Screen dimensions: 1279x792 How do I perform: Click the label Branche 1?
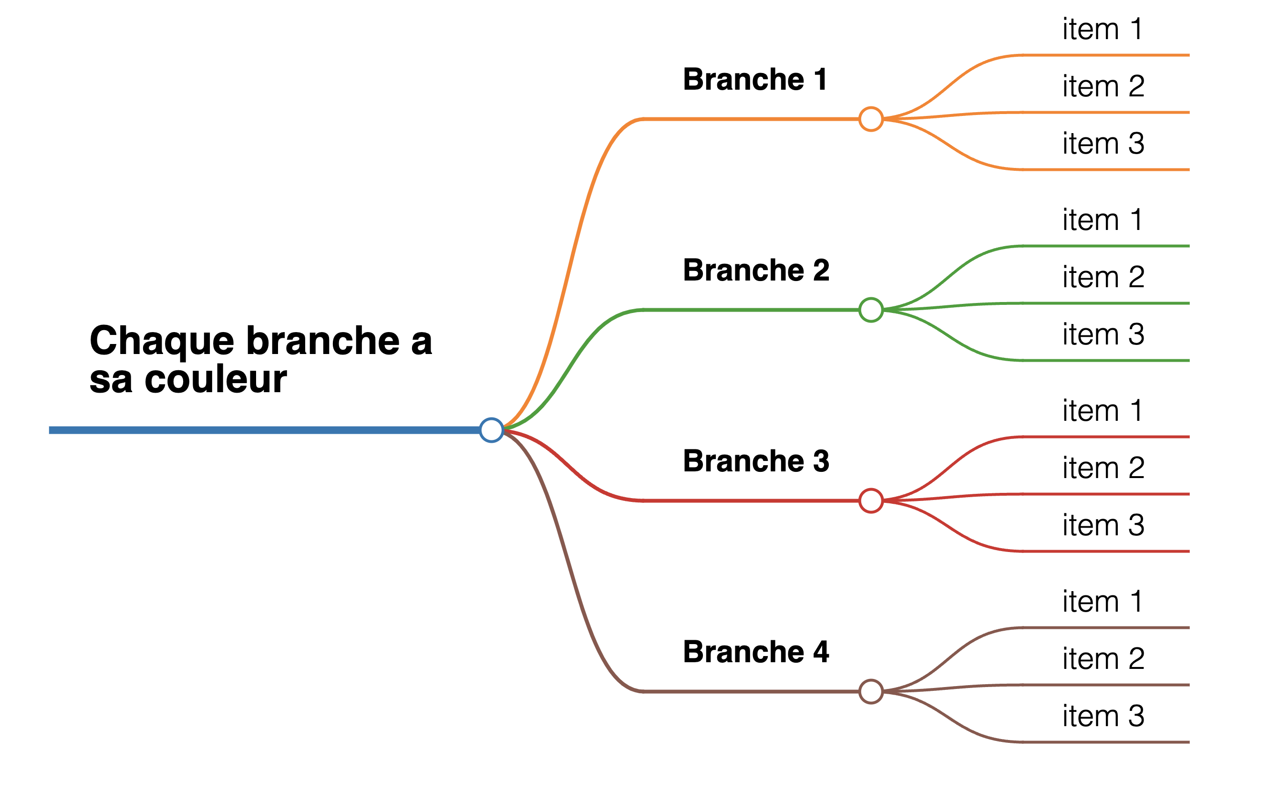pyautogui.click(x=754, y=80)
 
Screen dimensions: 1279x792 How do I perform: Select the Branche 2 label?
pyautogui.click(x=756, y=271)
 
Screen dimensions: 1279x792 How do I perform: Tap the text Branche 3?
pyautogui.click(x=756, y=461)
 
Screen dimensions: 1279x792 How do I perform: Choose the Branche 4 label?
pyautogui.click(x=756, y=652)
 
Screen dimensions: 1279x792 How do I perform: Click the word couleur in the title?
pyautogui.click(x=215, y=379)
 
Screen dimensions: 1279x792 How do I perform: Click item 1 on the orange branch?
pyautogui.click(x=1102, y=29)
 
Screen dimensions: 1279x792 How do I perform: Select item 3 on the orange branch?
pyautogui.click(x=1103, y=144)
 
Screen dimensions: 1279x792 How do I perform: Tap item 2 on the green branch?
pyautogui.click(x=1103, y=277)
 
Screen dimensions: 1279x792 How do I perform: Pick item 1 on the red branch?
pyautogui.click(x=1102, y=411)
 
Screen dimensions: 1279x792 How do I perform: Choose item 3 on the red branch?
pyautogui.click(x=1103, y=525)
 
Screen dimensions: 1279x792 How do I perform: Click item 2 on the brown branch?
pyautogui.click(x=1103, y=659)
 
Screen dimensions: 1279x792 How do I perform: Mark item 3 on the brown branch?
pyautogui.click(x=1103, y=716)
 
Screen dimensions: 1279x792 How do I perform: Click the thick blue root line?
pyautogui.click(x=264, y=430)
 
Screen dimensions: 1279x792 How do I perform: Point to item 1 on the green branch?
pyautogui.click(x=1102, y=220)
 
